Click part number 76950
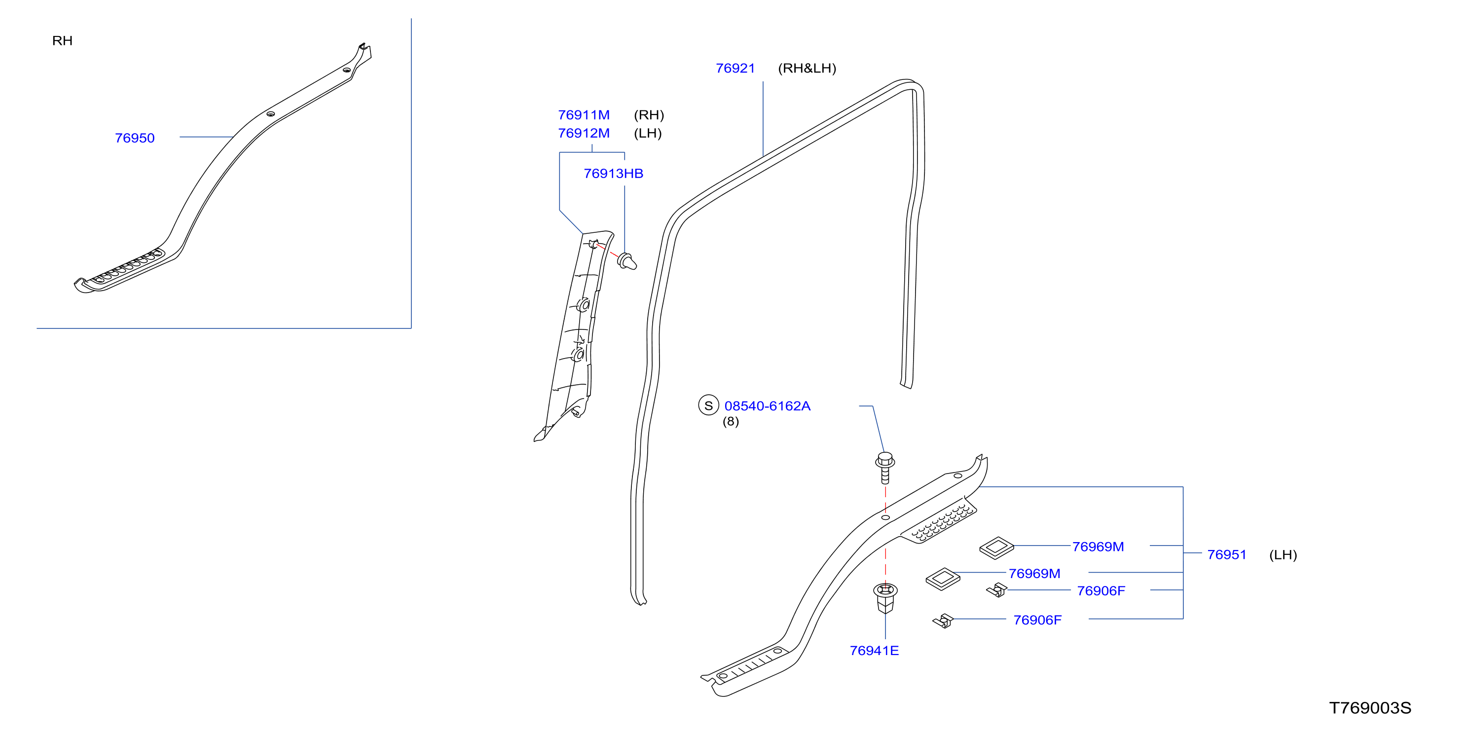pyautogui.click(x=135, y=138)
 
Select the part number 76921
pyautogui.click(x=735, y=69)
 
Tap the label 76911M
pyautogui.click(x=584, y=115)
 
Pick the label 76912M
pyautogui.click(x=584, y=133)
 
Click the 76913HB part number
pyautogui.click(x=613, y=174)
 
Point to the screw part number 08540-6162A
pyautogui.click(x=767, y=406)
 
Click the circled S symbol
pyautogui.click(x=708, y=405)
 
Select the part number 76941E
pyautogui.click(x=874, y=651)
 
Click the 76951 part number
pyautogui.click(x=1226, y=555)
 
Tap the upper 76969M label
pyautogui.click(x=1098, y=547)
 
